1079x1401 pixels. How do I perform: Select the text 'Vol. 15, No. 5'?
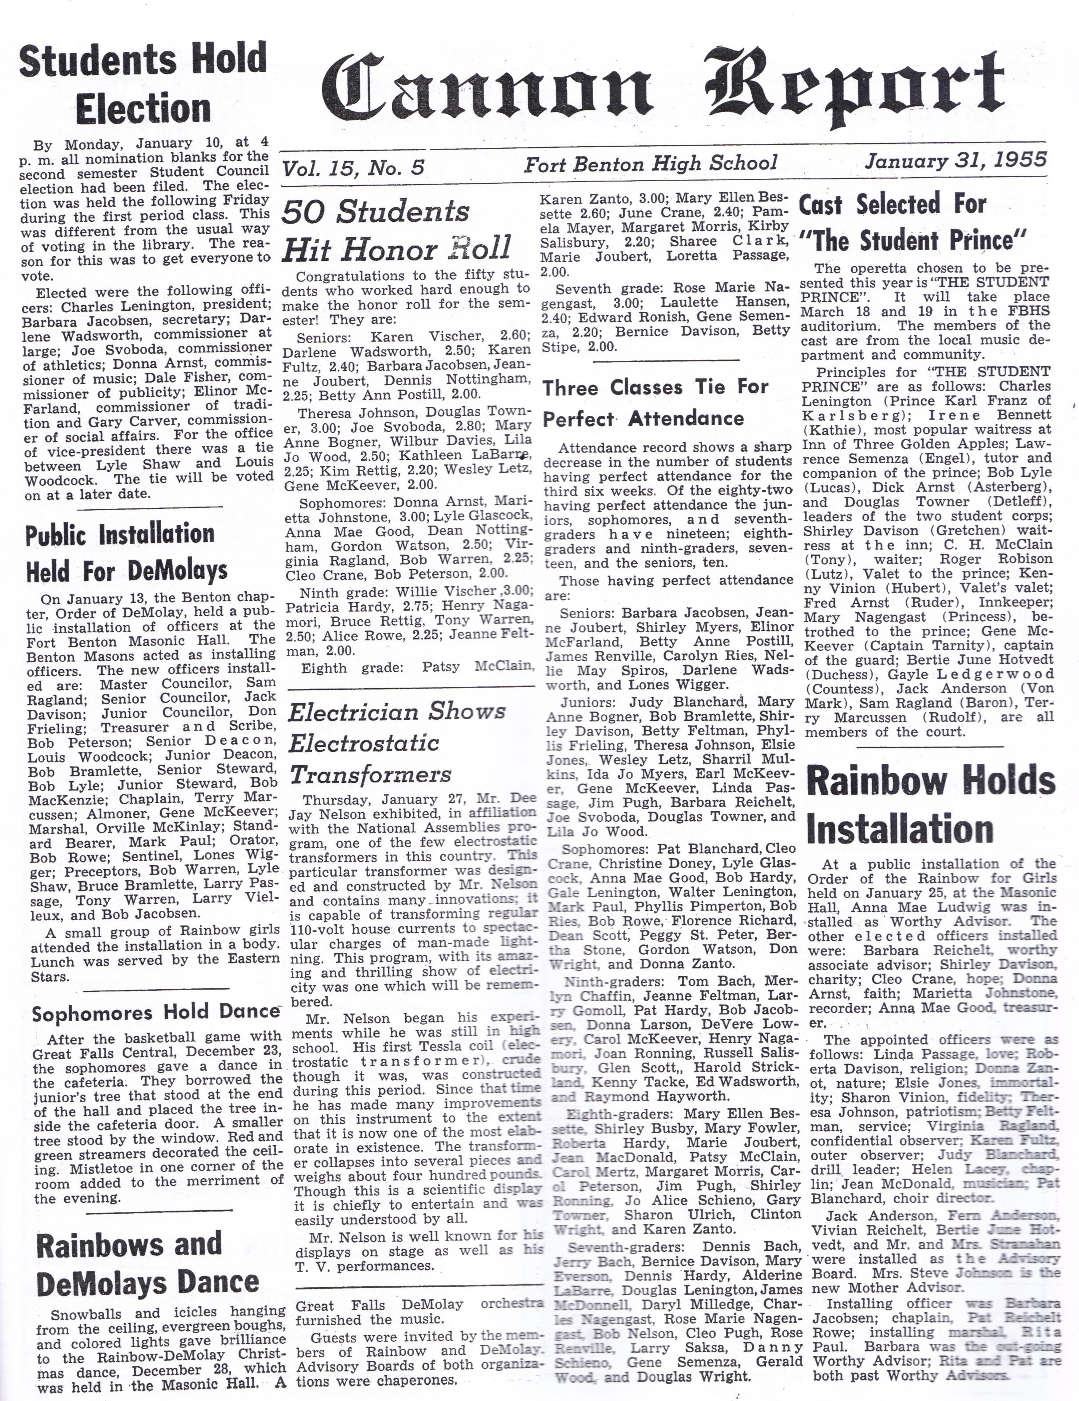[x=353, y=167]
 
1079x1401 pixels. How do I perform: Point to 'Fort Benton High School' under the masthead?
[x=651, y=164]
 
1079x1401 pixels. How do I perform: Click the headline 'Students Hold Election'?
[x=143, y=83]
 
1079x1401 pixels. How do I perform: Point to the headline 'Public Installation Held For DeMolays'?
[x=126, y=552]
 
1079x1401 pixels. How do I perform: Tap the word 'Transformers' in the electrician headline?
[x=370, y=774]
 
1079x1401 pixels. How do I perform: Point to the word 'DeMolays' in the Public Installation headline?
[x=177, y=570]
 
